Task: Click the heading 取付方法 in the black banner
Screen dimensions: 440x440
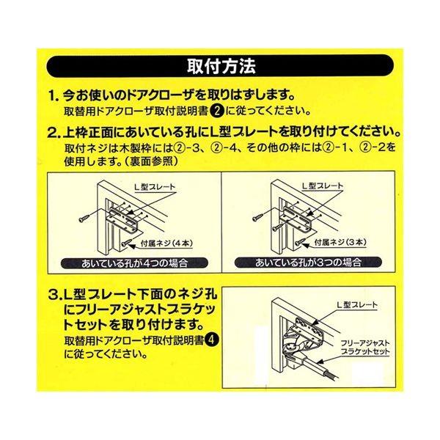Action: (x=221, y=66)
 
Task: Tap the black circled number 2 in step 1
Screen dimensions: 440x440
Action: (x=217, y=111)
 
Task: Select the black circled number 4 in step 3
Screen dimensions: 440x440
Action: (x=212, y=341)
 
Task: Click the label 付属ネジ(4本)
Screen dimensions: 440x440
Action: (x=166, y=243)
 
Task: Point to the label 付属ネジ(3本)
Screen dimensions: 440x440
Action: (x=340, y=243)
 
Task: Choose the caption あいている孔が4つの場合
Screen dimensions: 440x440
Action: (x=135, y=263)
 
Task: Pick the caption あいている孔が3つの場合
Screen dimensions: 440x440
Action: (x=308, y=263)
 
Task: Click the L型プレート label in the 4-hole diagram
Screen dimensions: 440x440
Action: (x=155, y=187)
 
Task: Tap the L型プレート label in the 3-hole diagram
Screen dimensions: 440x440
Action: (x=323, y=186)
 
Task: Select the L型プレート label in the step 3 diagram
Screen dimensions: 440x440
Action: (x=357, y=305)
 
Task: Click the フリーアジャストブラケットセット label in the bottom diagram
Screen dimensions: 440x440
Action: (x=365, y=348)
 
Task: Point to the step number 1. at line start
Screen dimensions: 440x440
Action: (x=54, y=96)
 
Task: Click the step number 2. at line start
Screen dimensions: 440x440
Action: (x=54, y=133)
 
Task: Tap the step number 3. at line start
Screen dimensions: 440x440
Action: (x=54, y=296)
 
